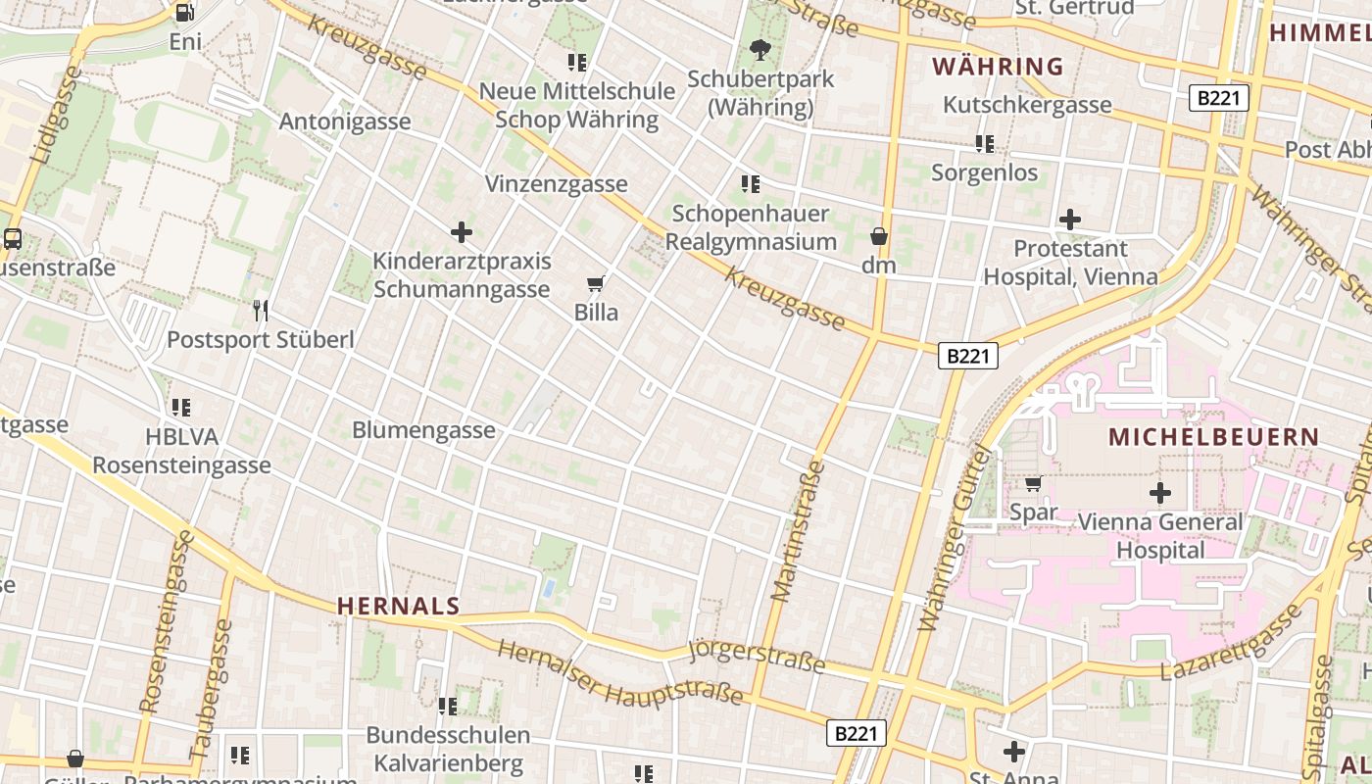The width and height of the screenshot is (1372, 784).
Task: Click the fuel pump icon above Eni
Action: pyautogui.click(x=184, y=13)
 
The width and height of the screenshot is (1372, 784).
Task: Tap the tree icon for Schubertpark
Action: pyautogui.click(x=759, y=49)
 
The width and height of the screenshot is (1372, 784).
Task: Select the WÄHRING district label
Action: pyautogui.click(x=997, y=67)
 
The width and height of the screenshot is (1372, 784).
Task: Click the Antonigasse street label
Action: pyautogui.click(x=345, y=122)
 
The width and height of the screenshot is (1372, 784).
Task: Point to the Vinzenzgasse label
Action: pyautogui.click(x=556, y=184)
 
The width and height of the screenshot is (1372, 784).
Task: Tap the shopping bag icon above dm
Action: pyautogui.click(x=879, y=236)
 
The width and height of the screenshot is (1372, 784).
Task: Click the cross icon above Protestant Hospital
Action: pyautogui.click(x=1070, y=220)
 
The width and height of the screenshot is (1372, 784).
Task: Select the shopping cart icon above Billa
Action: pyautogui.click(x=596, y=284)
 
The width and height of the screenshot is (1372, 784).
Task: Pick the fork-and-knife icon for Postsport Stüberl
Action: pyautogui.click(x=261, y=311)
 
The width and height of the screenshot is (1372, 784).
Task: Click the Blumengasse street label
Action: pyautogui.click(x=423, y=430)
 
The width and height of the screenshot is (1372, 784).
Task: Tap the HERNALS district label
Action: pyautogui.click(x=398, y=607)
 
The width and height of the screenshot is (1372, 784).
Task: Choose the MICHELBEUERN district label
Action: pyautogui.click(x=1213, y=437)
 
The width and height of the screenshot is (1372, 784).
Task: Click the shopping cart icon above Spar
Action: pyautogui.click(x=1033, y=483)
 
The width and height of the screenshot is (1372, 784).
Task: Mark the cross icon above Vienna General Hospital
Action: pyautogui.click(x=1160, y=493)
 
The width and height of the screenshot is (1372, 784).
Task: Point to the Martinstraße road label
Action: pyautogui.click(x=799, y=530)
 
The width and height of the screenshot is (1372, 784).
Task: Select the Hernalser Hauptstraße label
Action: pyautogui.click(x=619, y=675)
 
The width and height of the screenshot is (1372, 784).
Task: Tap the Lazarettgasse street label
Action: pyautogui.click(x=1231, y=645)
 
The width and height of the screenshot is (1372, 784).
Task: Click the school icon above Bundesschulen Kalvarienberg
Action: pyautogui.click(x=448, y=706)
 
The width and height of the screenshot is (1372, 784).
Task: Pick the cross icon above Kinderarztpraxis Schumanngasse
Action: pyautogui.click(x=462, y=232)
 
